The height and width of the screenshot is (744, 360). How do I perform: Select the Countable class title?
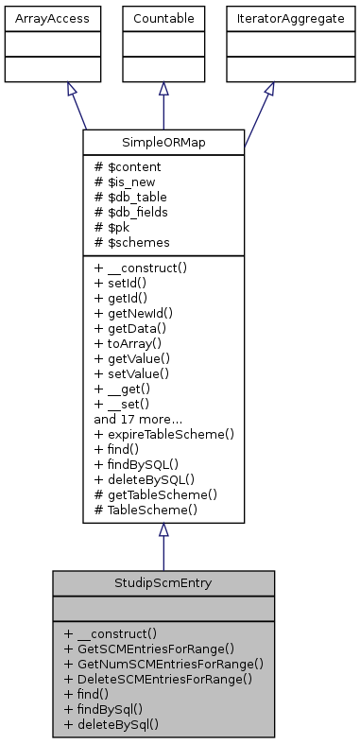tap(163, 18)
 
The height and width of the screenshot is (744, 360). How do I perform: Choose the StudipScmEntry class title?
tap(163, 582)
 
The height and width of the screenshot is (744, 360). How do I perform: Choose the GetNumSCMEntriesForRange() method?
tap(163, 664)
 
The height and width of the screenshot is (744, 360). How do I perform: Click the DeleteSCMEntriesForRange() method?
tap(158, 679)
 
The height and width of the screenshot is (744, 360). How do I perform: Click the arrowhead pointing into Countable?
tap(163, 89)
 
